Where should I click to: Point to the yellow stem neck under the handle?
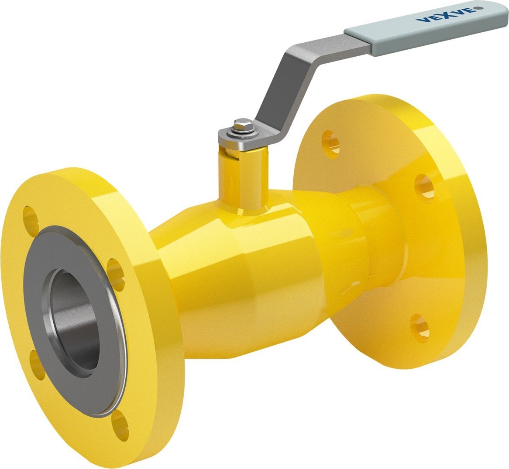244,181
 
